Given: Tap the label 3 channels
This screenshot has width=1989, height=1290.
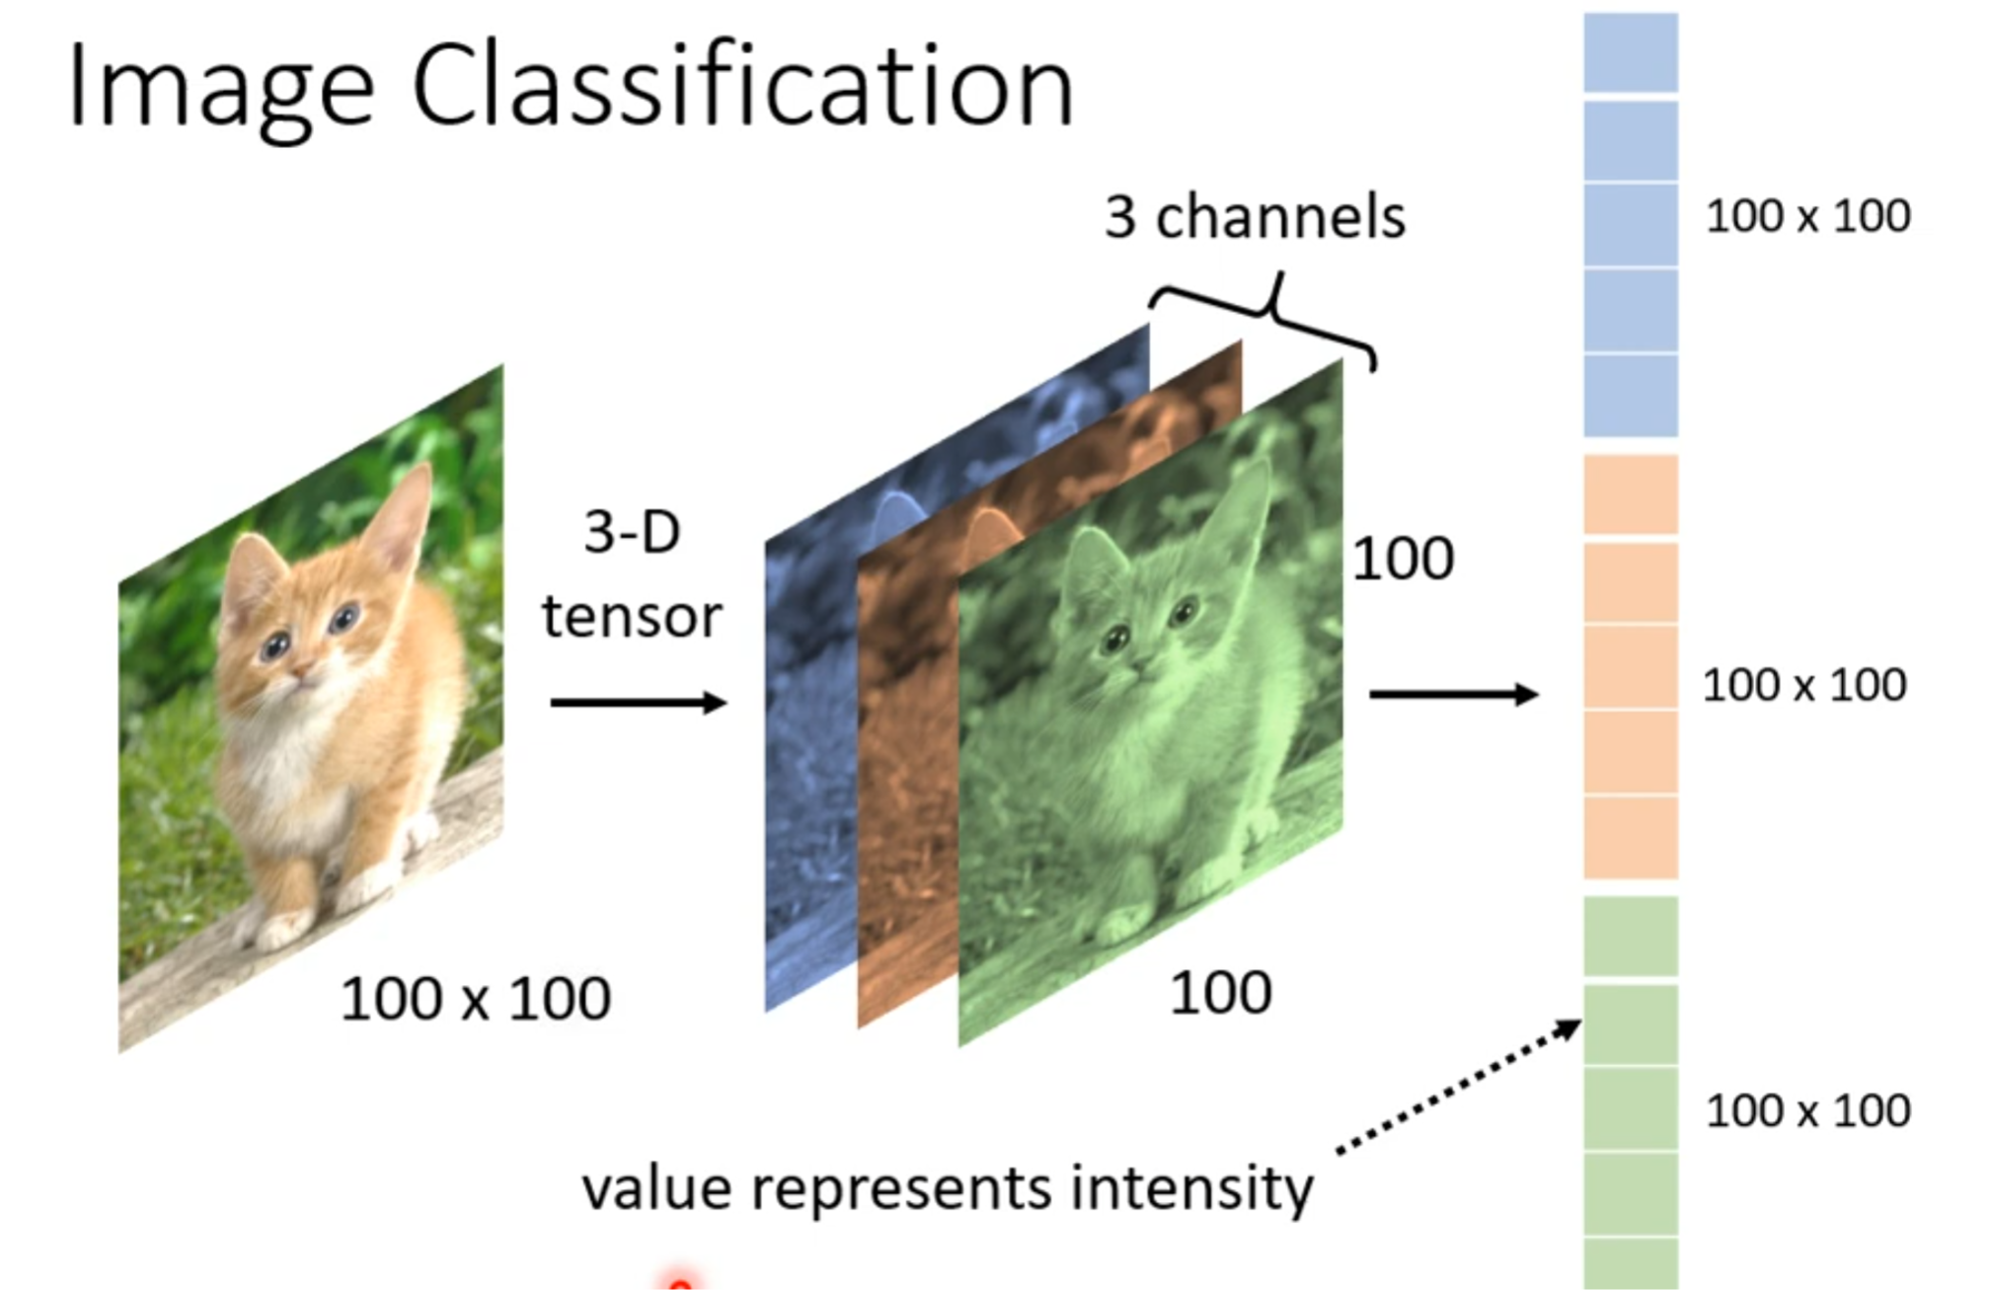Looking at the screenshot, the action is (1255, 216).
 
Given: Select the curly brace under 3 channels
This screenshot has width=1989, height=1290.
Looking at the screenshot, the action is (1273, 311).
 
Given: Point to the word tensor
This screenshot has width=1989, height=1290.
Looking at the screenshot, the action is (632, 616).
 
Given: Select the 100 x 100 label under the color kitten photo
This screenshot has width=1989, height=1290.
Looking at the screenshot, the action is (475, 999).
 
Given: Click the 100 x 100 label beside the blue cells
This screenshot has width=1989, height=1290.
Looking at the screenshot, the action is (1807, 216).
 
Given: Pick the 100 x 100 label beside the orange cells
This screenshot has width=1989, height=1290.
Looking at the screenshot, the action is (1804, 685).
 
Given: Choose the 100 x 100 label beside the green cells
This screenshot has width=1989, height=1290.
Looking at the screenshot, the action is (1807, 1111).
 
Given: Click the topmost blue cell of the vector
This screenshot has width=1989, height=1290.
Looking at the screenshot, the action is (1631, 52).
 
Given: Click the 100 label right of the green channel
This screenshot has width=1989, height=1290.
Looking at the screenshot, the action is (1403, 559).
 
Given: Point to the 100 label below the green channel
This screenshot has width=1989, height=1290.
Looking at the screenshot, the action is (1220, 993).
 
